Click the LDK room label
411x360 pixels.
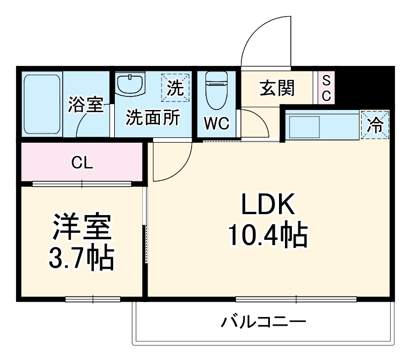[267, 206]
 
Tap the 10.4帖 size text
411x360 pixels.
[267, 234]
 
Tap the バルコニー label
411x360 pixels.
[263, 322]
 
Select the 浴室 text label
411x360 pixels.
[85, 105]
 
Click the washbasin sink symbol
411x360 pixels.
[130, 85]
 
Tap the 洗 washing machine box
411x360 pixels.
[175, 87]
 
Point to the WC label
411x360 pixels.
[216, 124]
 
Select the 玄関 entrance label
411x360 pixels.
[277, 88]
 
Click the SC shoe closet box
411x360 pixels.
[326, 87]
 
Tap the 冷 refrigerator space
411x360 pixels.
[375, 126]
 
